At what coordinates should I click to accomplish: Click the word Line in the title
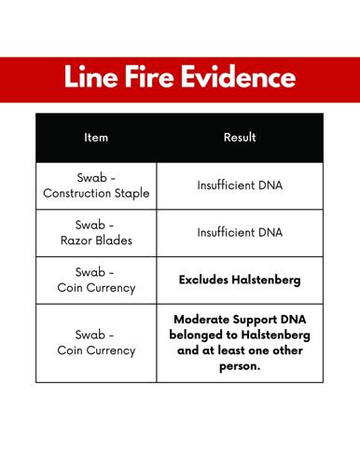(90, 79)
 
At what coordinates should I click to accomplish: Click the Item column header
(96, 138)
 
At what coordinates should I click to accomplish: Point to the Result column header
(240, 138)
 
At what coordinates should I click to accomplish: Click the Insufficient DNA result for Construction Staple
(240, 185)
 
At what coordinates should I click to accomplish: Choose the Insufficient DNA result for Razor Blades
(240, 232)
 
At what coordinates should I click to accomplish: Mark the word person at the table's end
(240, 366)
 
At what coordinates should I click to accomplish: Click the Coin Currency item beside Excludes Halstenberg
(96, 287)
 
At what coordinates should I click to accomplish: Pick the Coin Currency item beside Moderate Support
(96, 350)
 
